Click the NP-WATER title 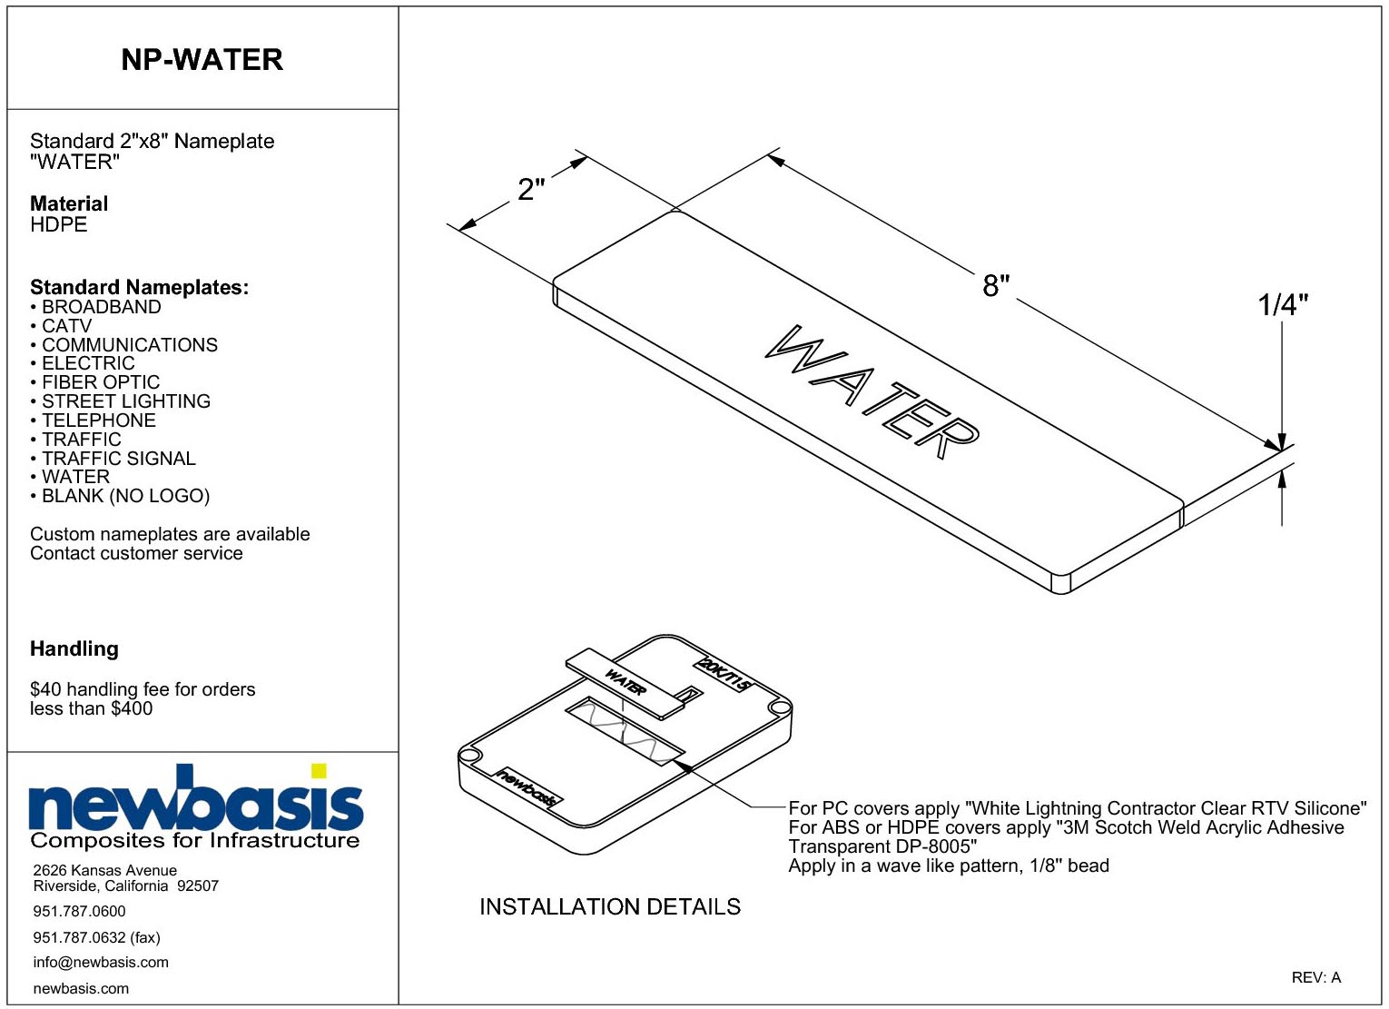pyautogui.click(x=202, y=60)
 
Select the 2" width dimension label pyautogui.click(x=531, y=189)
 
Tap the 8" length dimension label pyautogui.click(x=996, y=285)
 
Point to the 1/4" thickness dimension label pyautogui.click(x=1283, y=305)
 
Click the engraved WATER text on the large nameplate pyautogui.click(x=872, y=392)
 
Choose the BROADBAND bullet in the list pyautogui.click(x=95, y=307)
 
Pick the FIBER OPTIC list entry pyautogui.click(x=95, y=382)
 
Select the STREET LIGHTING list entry pyautogui.click(x=121, y=401)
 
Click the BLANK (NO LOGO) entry pyautogui.click(x=121, y=496)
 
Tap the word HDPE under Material pyautogui.click(x=59, y=224)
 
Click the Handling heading pyautogui.click(x=74, y=648)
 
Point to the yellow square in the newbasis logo pyautogui.click(x=319, y=770)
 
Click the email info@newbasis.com pyautogui.click(x=101, y=962)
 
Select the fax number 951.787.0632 pyautogui.click(x=79, y=937)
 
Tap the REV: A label pyautogui.click(x=1315, y=977)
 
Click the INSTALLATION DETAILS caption pyautogui.click(x=610, y=906)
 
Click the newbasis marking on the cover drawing pyautogui.click(x=527, y=787)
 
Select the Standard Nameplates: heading pyautogui.click(x=140, y=287)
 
